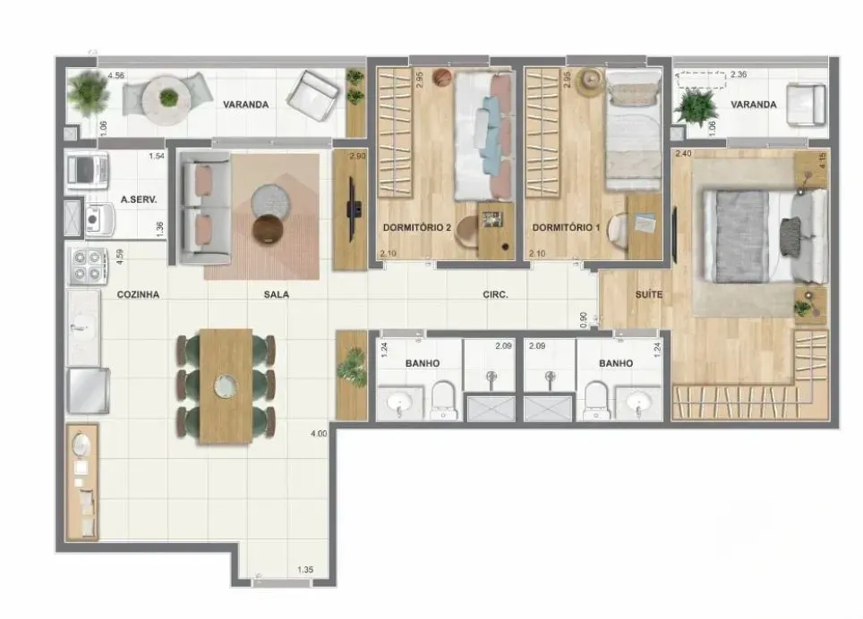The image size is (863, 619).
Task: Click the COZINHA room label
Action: pos(138,293)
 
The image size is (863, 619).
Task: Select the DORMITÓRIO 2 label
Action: pos(416,227)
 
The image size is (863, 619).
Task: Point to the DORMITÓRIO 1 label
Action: pos(566,227)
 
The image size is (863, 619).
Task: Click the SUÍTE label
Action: pos(649,293)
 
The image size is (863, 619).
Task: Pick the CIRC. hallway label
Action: pos(495,293)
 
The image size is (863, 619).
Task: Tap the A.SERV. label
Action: pos(139,201)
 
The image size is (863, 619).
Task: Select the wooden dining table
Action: pos(225,386)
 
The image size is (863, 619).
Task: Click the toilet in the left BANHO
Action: pos(444,400)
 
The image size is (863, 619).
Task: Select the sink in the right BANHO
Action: pos(640,403)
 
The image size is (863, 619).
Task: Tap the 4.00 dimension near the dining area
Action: pos(317,434)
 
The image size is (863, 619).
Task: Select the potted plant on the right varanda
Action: pos(696,107)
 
